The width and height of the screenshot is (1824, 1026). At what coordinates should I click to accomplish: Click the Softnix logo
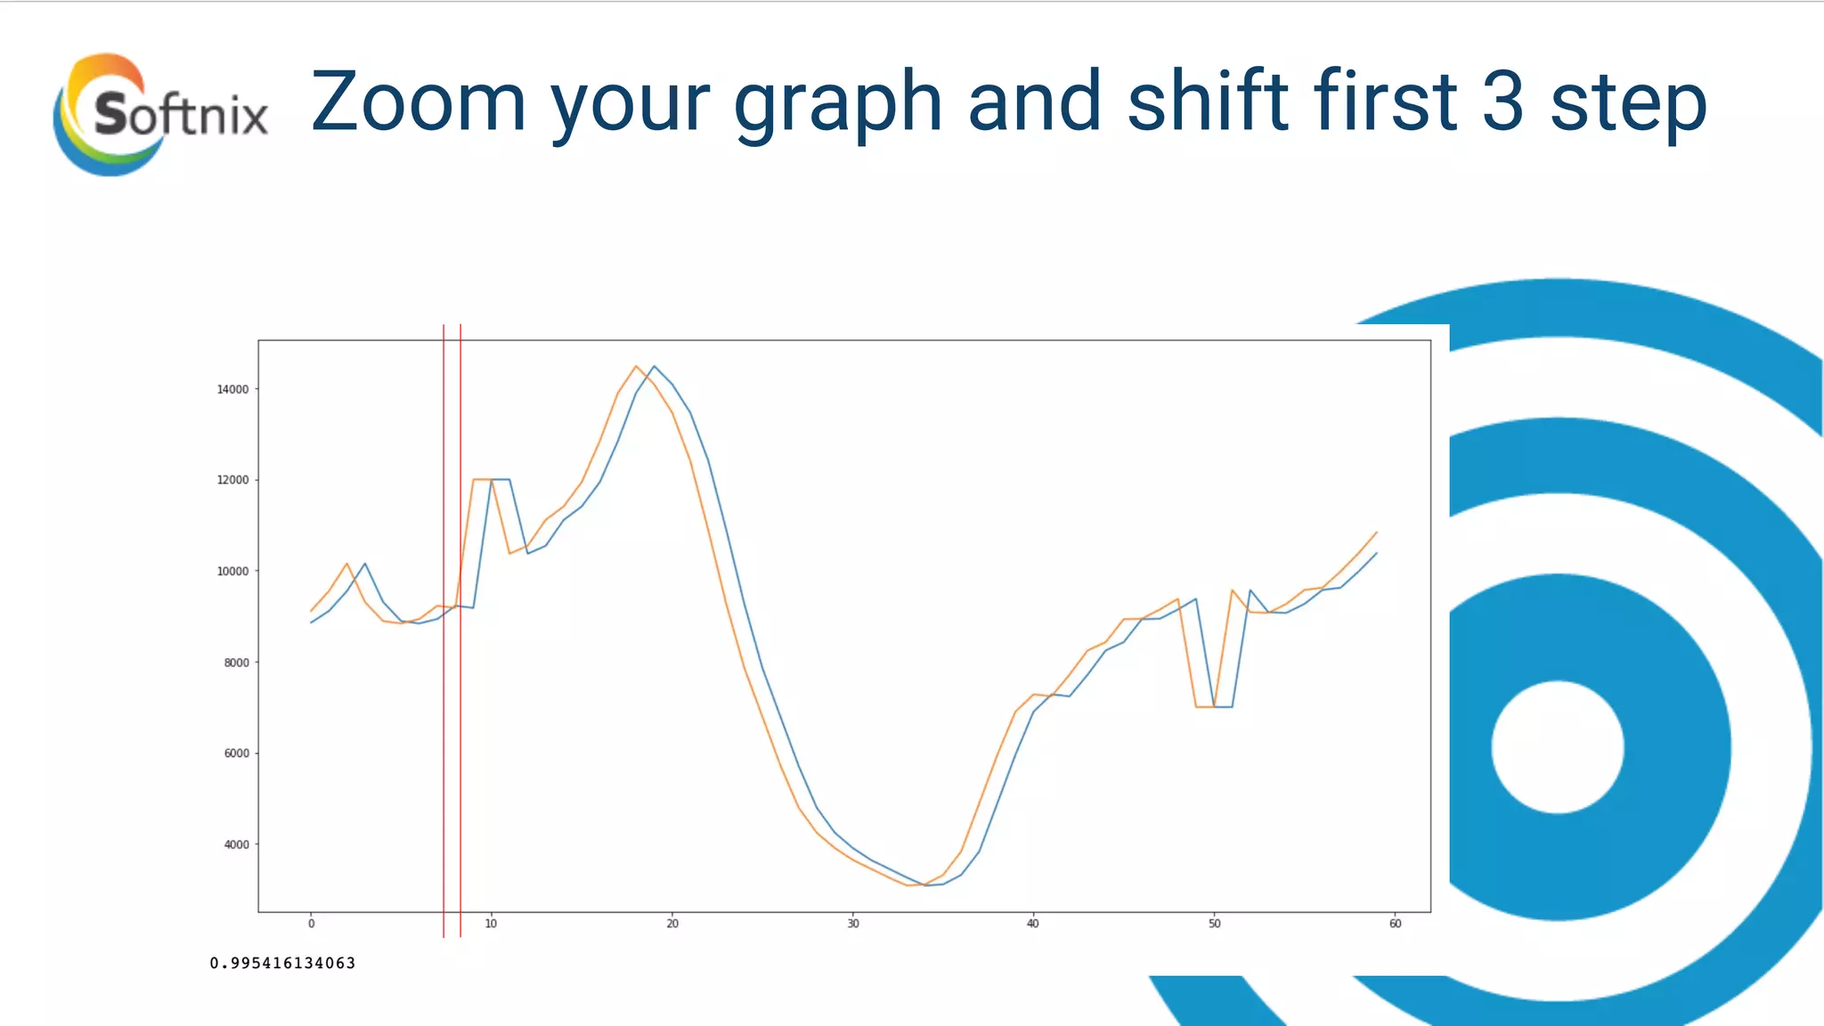[160, 114]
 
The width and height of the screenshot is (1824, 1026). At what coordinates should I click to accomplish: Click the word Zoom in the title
[419, 102]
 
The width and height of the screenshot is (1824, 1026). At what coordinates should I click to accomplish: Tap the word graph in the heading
[837, 105]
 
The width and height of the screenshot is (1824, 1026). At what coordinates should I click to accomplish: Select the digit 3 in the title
[1503, 102]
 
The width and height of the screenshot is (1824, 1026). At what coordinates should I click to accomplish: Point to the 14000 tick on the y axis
[233, 389]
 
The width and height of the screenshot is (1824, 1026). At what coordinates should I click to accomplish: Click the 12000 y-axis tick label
[233, 480]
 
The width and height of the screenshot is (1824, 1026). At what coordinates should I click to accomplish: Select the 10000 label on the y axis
[233, 571]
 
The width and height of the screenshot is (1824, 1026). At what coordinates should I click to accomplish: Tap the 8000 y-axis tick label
[236, 663]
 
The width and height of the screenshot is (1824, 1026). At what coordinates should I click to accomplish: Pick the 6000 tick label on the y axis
[236, 753]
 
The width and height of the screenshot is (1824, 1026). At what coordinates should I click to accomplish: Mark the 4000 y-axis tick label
[236, 844]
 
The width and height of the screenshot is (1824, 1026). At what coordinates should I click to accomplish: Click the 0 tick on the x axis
[311, 924]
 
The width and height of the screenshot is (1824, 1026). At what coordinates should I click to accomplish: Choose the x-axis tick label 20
[672, 924]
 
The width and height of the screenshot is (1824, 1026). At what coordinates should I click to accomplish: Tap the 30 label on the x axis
[853, 924]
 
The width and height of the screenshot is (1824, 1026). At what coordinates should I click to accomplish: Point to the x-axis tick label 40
[1033, 924]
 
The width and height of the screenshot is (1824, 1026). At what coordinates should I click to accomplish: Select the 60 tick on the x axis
[1395, 924]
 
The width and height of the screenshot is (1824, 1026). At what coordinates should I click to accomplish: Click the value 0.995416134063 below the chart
[282, 963]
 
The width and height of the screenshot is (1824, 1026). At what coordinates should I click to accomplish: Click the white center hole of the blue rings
[1557, 746]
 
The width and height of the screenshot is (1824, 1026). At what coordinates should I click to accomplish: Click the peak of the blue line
[654, 366]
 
